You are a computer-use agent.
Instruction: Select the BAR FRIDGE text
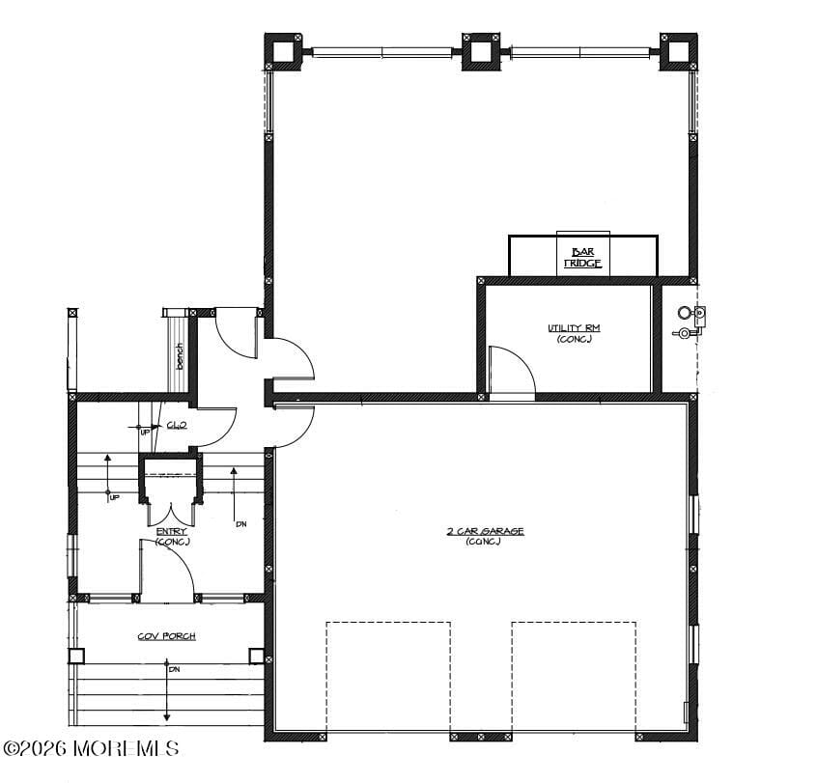coord(582,257)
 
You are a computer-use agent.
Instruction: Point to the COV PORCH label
coord(167,635)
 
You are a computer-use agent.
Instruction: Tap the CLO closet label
coord(176,425)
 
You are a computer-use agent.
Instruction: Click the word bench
coord(180,355)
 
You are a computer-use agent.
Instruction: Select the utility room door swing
coord(512,372)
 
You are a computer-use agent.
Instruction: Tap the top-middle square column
coord(480,51)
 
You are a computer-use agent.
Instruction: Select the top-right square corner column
coord(678,51)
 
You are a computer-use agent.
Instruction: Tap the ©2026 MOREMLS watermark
coord(91,748)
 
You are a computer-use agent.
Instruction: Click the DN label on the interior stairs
coord(240,523)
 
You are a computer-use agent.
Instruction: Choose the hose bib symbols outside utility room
coord(690,322)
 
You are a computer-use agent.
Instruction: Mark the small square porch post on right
coord(256,656)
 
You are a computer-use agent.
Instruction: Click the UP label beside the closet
coord(146,432)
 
